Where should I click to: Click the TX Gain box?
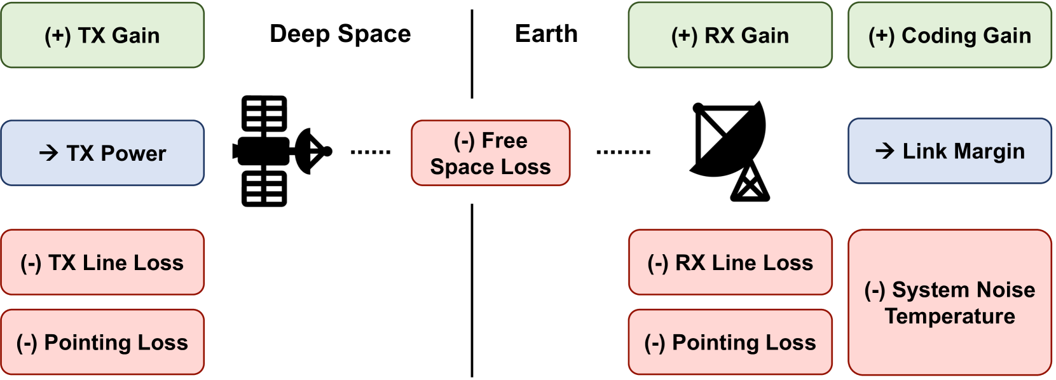102,36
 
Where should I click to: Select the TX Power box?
102,153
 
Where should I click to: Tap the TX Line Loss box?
102,262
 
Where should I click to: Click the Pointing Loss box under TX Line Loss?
102,343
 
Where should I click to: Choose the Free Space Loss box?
490,153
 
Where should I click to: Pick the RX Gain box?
730,36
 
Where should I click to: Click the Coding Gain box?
949,36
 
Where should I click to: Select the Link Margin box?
949,151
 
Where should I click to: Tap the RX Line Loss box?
730,262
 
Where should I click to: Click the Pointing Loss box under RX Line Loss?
730,343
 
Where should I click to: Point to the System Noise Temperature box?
949,302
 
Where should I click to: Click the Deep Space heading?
340,34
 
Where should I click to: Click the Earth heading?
546,34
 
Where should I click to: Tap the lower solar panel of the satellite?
264,189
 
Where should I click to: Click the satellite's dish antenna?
311,151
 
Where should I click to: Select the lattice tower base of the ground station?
750,184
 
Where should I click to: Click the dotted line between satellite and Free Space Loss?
371,153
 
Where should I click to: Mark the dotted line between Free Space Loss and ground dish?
623,153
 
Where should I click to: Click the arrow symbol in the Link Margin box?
884,151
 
